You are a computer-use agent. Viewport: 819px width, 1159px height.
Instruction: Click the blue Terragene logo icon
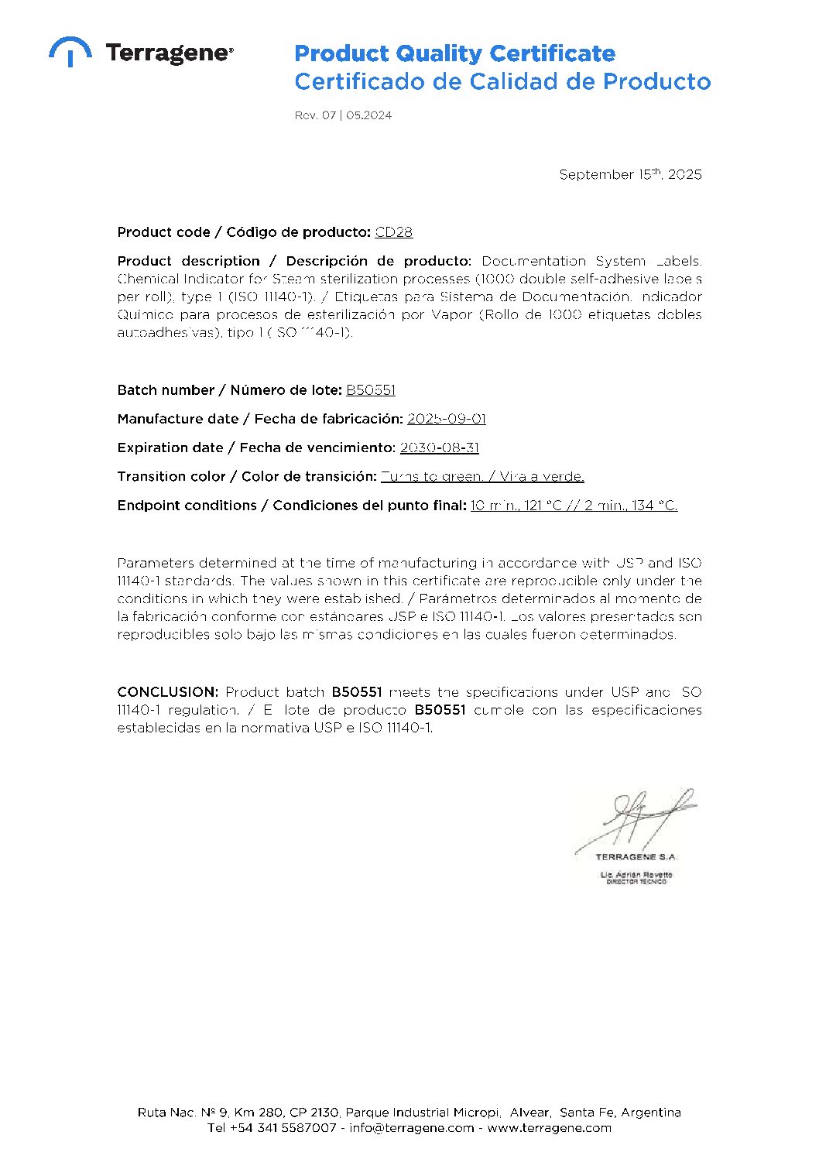click(70, 51)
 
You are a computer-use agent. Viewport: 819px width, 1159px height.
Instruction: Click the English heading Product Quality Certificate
click(454, 53)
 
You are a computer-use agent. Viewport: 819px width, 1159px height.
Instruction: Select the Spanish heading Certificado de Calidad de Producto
click(502, 81)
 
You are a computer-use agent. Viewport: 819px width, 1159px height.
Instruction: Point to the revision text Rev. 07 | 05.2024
click(343, 115)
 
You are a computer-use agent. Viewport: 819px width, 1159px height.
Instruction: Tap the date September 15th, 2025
click(630, 174)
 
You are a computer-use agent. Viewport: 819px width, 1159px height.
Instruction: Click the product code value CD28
click(394, 232)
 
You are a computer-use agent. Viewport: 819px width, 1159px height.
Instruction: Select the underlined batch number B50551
click(371, 390)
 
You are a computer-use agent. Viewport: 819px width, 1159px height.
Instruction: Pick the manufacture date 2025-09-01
click(447, 419)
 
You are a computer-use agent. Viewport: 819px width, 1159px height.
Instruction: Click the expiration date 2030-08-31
click(440, 447)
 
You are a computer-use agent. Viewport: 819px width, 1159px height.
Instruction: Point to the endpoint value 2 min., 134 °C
click(631, 506)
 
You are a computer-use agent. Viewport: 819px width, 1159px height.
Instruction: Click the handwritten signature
click(636, 820)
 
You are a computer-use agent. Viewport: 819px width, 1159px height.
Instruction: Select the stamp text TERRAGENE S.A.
click(636, 857)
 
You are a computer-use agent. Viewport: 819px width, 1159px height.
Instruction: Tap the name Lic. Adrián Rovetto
click(636, 874)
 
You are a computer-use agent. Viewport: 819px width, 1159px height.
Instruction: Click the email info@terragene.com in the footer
click(411, 1128)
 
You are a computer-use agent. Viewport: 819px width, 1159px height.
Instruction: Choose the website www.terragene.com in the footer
click(549, 1128)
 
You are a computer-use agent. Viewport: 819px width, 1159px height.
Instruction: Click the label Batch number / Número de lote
click(229, 390)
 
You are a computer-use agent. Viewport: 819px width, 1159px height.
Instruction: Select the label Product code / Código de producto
click(244, 232)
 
